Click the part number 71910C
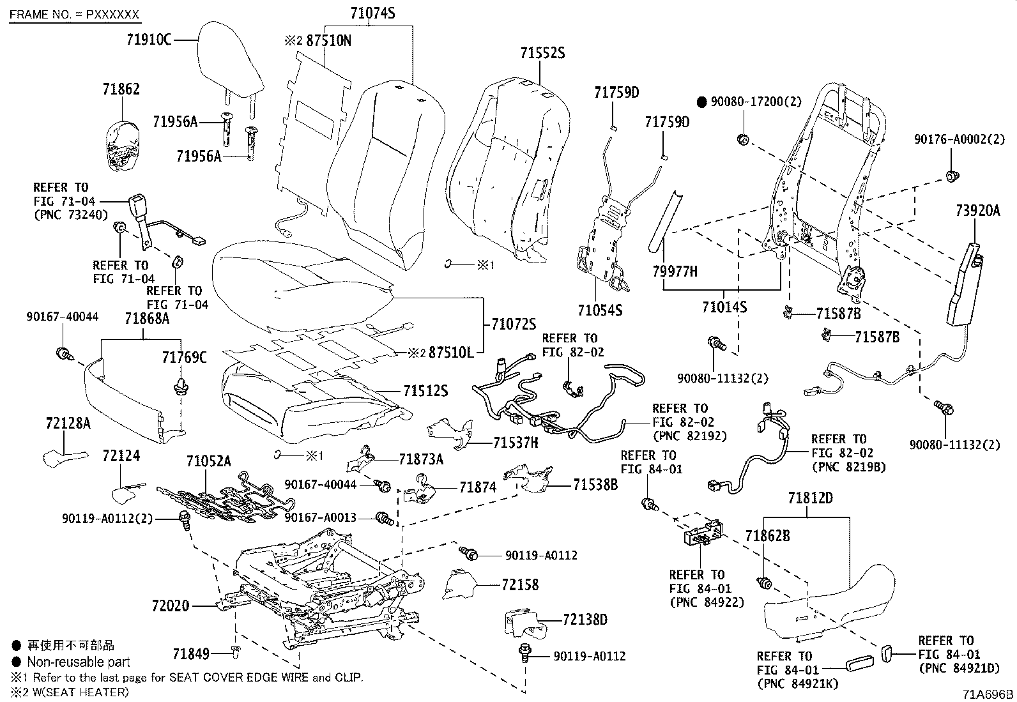coord(149,40)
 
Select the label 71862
coord(121,89)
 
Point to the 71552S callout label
coord(542,53)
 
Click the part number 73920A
coord(978,210)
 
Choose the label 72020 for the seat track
coord(171,606)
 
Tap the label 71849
coord(191,654)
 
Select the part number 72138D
coord(585,620)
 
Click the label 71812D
coord(811,498)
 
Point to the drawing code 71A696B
coord(988,694)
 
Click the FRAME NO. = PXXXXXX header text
coord(75,15)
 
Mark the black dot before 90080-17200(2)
coord(702,102)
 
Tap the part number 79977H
coord(675,271)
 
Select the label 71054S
coord(600,310)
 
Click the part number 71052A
coord(208,461)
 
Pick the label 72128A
coord(68,423)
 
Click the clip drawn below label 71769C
coord(181,386)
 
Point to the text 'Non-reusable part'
coord(79,662)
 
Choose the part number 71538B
coord(595,484)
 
